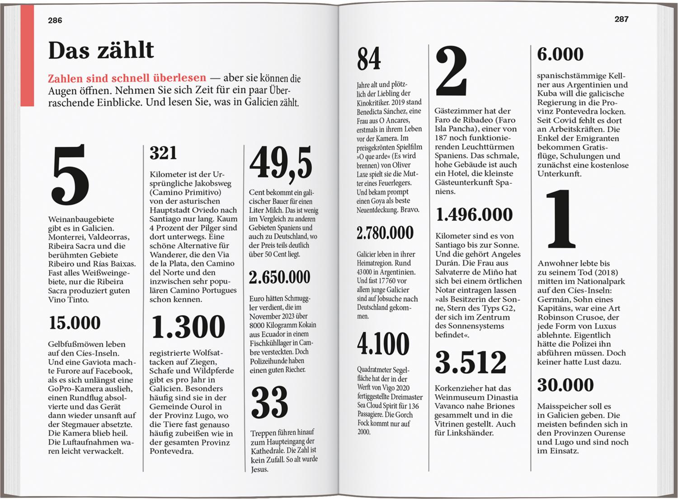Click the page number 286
coord(55,20)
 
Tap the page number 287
coord(621,19)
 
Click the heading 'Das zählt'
coord(101,50)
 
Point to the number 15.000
coord(75,323)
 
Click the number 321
coord(163,153)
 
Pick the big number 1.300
coord(188,326)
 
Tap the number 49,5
coord(281,163)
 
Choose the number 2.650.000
coord(280,277)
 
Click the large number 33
coord(270,402)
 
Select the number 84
coord(369,59)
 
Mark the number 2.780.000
coord(385,233)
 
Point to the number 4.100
coord(383,344)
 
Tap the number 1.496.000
coord(474,215)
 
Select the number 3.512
coord(471,362)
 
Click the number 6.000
coord(560,54)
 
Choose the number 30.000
coord(565,385)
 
